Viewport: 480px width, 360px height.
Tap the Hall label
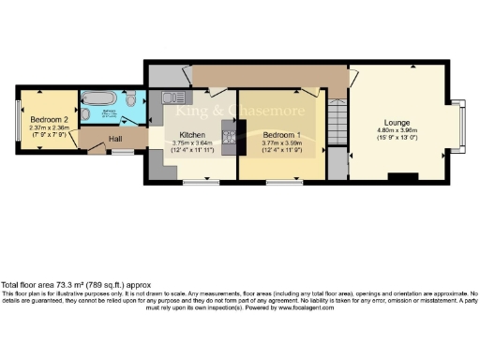tap(116, 140)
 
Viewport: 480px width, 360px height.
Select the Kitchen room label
tap(192, 134)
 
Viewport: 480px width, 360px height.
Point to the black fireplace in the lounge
tap(403, 176)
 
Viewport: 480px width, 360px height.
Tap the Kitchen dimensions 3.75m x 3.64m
tap(192, 143)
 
